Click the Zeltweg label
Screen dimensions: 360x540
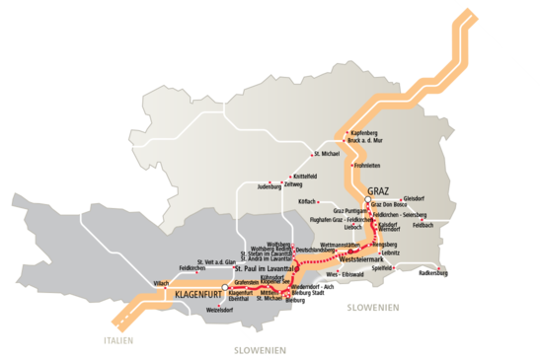293,183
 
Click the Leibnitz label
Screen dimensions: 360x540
388,252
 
